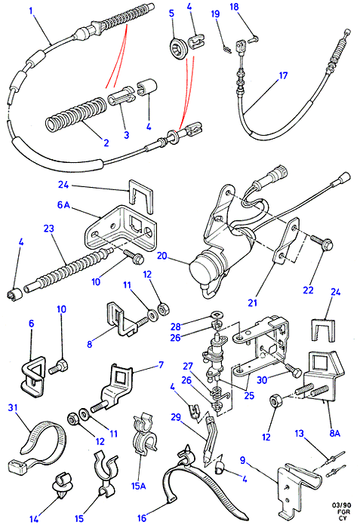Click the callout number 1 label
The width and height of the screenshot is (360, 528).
[31, 11]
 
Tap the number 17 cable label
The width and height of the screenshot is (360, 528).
[283, 75]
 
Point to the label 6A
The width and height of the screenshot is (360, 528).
[63, 204]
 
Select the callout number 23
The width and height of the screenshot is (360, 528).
[49, 229]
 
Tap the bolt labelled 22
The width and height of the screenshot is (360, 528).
[322, 243]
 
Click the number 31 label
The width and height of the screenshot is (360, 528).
[13, 408]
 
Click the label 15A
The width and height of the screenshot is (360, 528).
[138, 487]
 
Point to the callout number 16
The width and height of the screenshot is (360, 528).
[142, 517]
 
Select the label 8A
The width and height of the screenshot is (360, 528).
[334, 433]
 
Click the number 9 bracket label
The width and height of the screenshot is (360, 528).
[243, 459]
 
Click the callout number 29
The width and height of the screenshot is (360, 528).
[176, 417]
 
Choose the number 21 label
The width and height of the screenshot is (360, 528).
[253, 302]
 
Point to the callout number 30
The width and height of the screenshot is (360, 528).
[262, 380]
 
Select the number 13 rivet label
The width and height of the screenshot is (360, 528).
[300, 433]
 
